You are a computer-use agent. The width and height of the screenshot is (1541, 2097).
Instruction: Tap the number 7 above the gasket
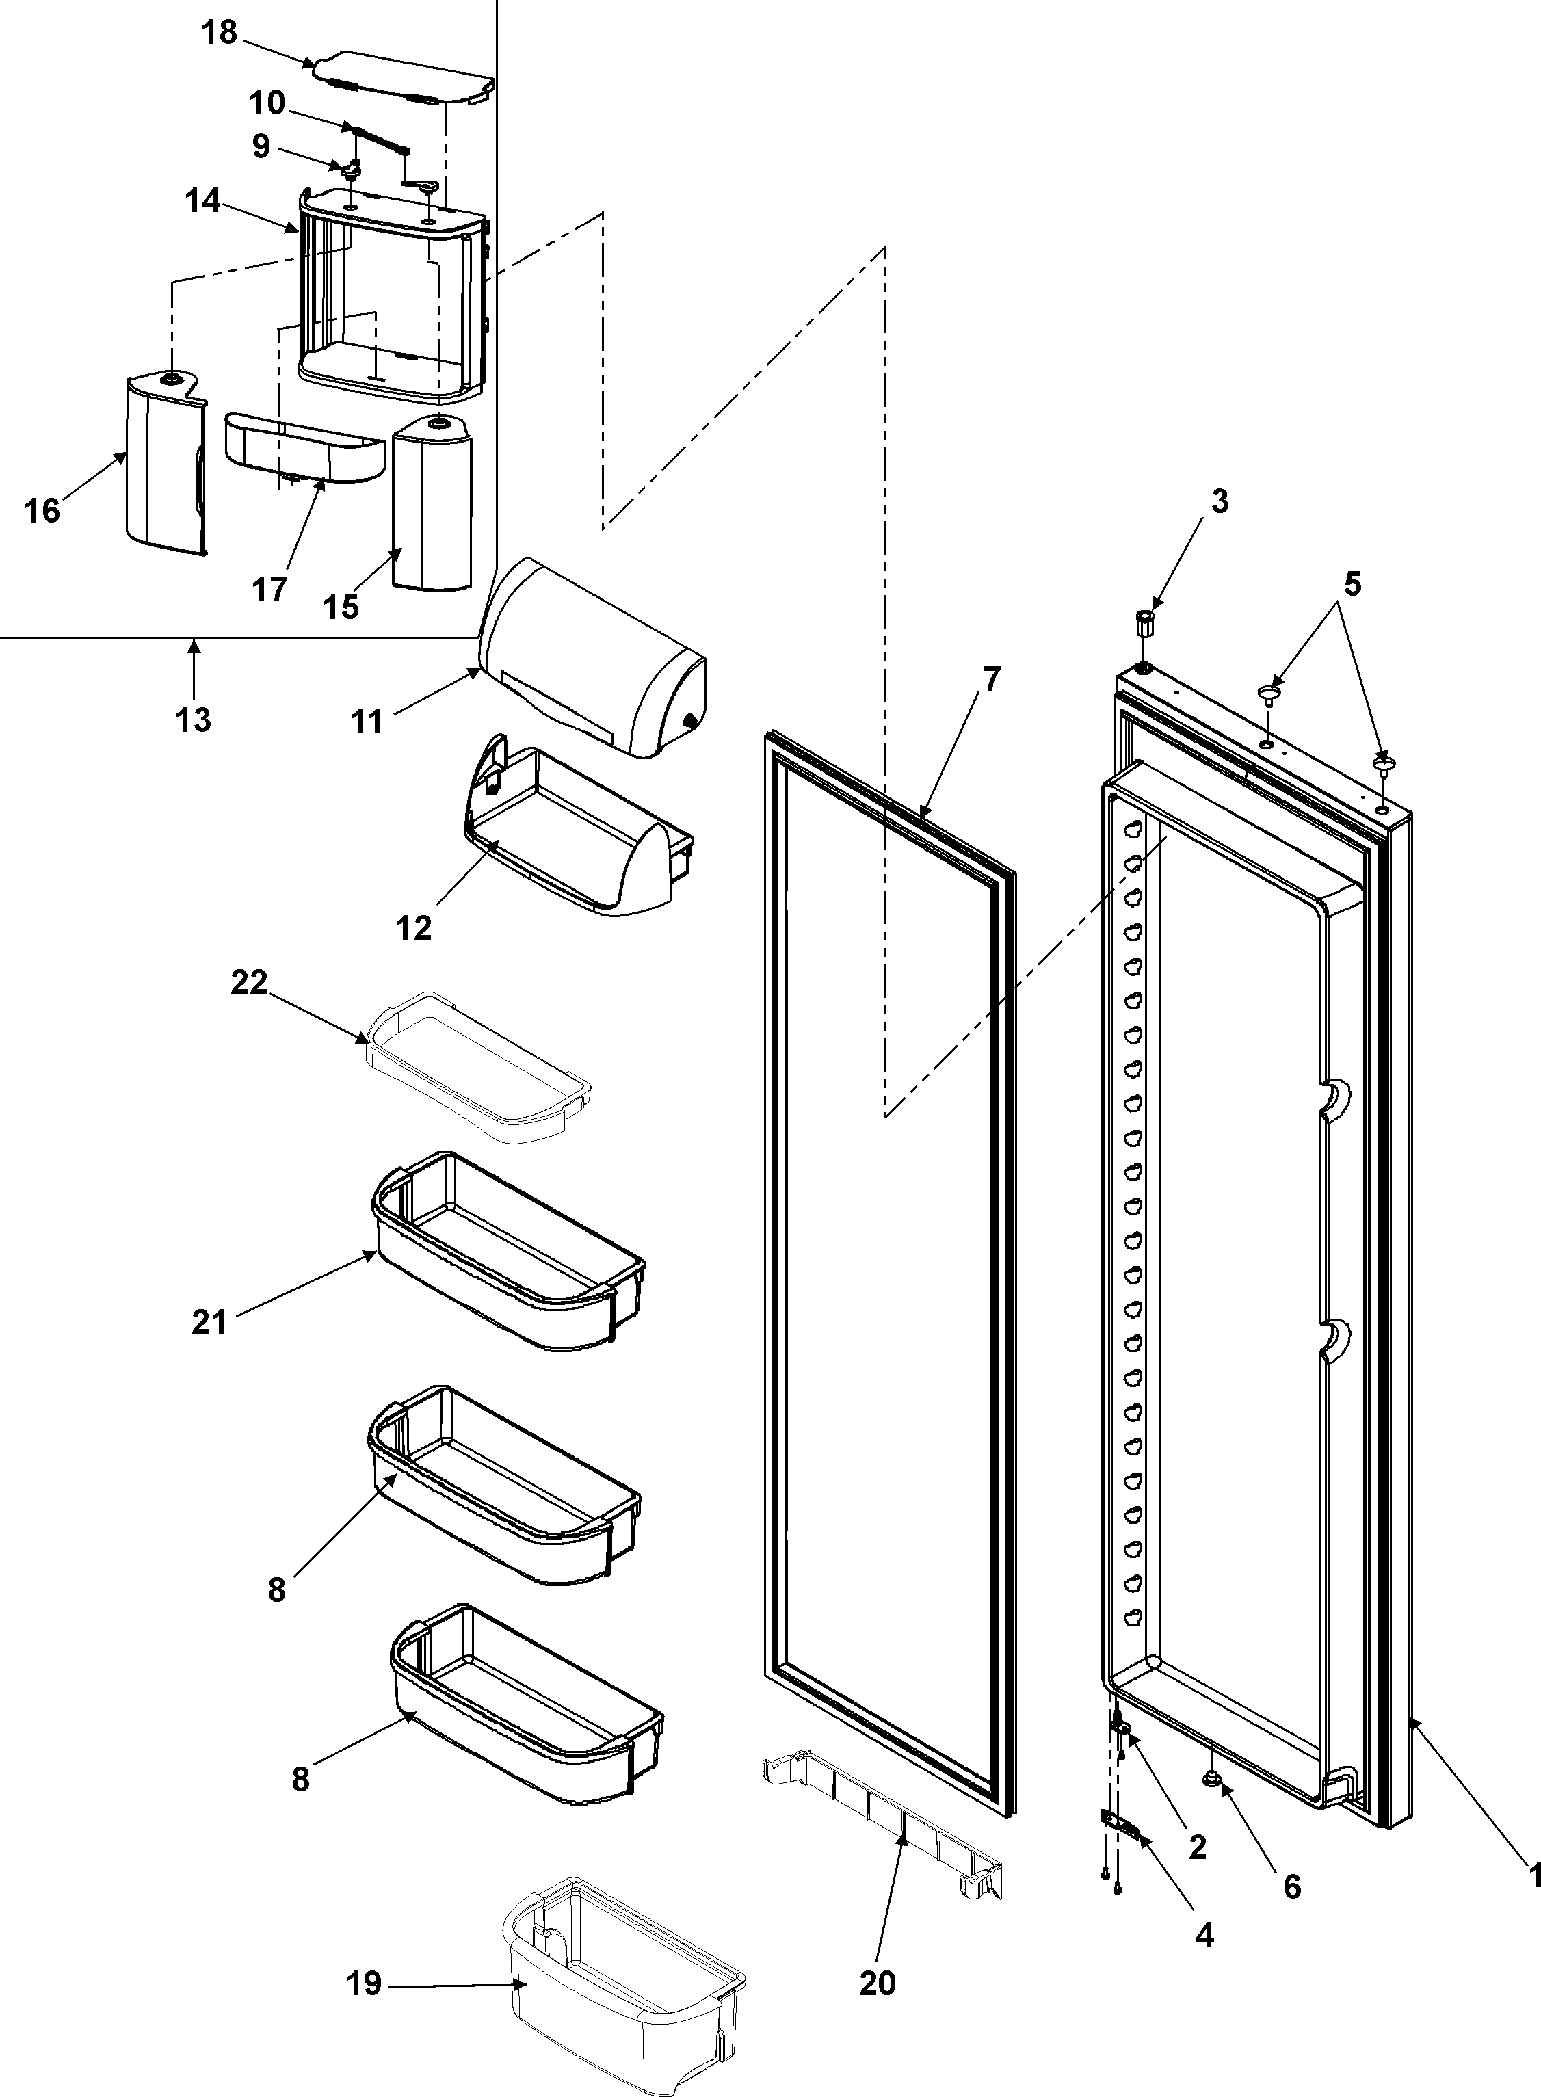(990, 679)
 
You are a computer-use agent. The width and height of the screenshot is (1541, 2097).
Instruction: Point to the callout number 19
(365, 1983)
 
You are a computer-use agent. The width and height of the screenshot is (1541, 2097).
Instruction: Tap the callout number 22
(249, 982)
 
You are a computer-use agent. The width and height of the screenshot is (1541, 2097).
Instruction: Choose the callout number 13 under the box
(194, 720)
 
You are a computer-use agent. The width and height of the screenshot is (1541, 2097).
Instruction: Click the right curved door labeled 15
(431, 503)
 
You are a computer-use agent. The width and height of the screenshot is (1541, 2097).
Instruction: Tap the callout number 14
(202, 200)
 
